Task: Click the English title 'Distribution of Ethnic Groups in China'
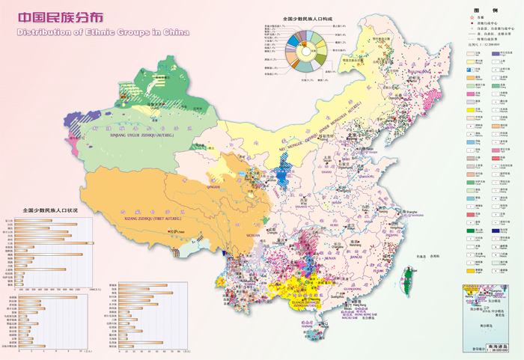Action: coord(102,33)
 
